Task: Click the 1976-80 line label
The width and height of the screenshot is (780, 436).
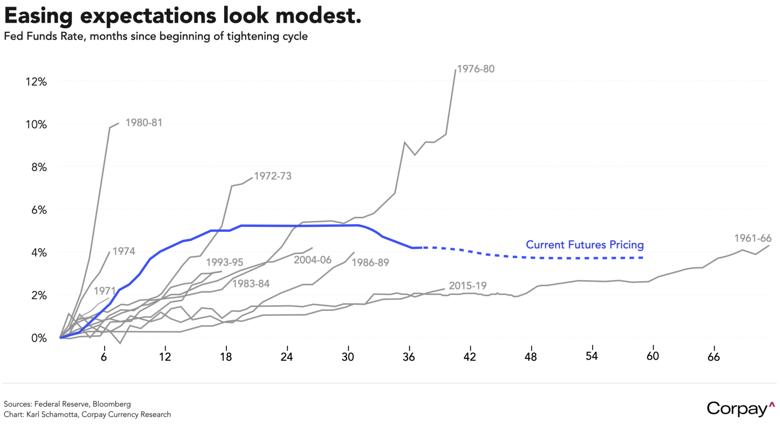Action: pyautogui.click(x=476, y=69)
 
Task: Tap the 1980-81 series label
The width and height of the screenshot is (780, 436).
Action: pyautogui.click(x=144, y=123)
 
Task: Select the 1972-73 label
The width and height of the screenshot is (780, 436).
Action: pyautogui.click(x=273, y=176)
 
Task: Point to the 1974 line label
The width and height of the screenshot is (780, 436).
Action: pyautogui.click(x=124, y=251)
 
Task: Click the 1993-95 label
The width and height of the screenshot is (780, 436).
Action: pyautogui.click(x=224, y=262)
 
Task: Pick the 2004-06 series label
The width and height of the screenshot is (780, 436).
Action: pyautogui.click(x=312, y=260)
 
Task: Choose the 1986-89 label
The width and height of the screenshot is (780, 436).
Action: pyautogui.click(x=370, y=262)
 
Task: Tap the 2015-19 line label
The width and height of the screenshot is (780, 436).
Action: pyautogui.click(x=467, y=286)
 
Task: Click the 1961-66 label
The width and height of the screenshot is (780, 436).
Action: pyautogui.click(x=753, y=238)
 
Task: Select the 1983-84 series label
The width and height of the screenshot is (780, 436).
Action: pyautogui.click(x=251, y=283)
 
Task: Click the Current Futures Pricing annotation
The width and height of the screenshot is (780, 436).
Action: pyautogui.click(x=584, y=245)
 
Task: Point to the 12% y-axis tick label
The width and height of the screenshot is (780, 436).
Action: pyautogui.click(x=36, y=82)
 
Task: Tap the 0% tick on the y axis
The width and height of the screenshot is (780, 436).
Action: pyautogui.click(x=39, y=338)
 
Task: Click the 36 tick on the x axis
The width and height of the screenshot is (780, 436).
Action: pyautogui.click(x=409, y=357)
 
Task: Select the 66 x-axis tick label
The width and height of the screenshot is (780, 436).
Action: pyautogui.click(x=713, y=357)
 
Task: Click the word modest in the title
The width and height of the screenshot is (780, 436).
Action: pyautogui.click(x=318, y=16)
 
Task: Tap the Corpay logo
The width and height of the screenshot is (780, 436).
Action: pyautogui.click(x=741, y=409)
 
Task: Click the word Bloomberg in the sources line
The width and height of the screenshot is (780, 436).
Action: pyautogui.click(x=111, y=404)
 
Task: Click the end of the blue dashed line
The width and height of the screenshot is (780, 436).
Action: pyautogui.click(x=643, y=258)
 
